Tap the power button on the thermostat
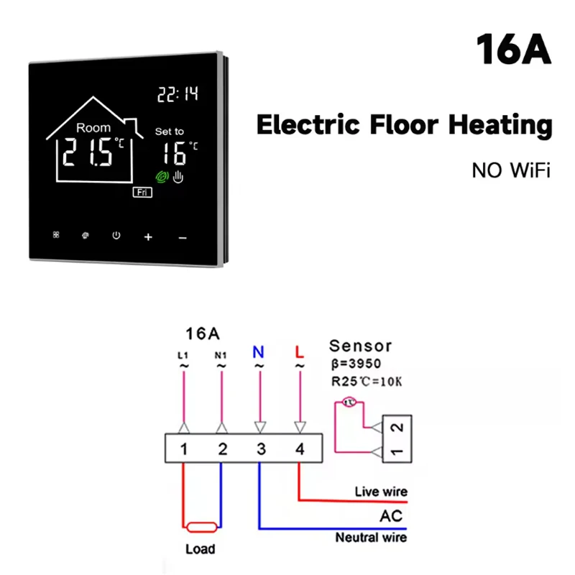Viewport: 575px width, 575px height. [116, 235]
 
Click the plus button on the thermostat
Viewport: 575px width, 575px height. [149, 236]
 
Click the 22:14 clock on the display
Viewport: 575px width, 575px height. [177, 93]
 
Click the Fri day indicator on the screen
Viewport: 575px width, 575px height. [141, 192]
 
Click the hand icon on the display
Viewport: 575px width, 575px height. [178, 176]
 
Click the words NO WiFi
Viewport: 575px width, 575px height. [510, 170]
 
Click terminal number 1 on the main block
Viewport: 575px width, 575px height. [184, 449]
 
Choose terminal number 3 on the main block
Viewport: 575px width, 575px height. [261, 449]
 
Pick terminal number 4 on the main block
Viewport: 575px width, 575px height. [299, 449]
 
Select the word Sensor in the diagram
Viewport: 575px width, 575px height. [360, 346]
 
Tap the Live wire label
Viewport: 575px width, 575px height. [381, 492]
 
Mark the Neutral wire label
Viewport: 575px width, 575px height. [371, 538]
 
